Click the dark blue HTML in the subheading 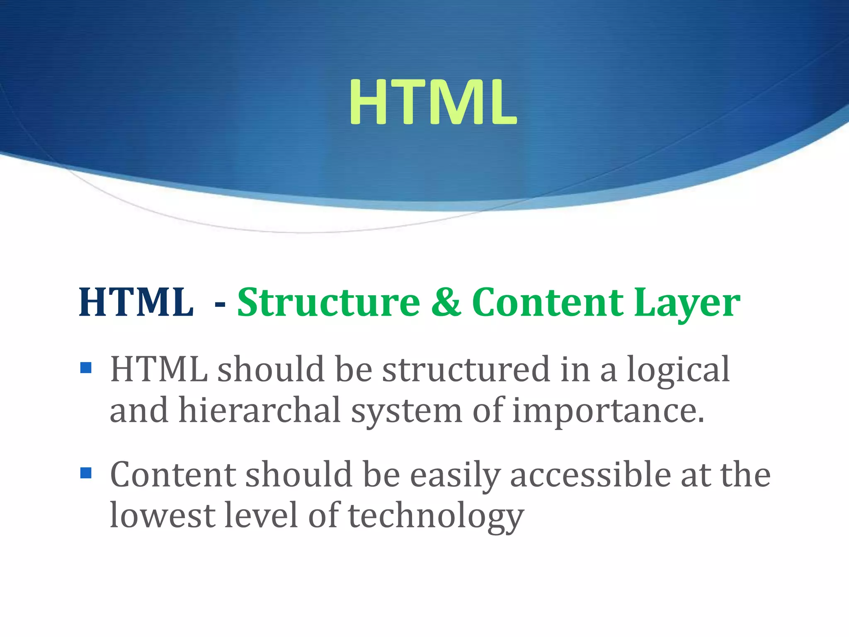click(136, 303)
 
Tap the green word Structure click(328, 303)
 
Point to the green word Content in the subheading click(547, 303)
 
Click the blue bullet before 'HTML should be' click(86, 367)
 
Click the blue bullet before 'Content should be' click(86, 473)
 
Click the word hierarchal click(260, 410)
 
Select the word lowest click(163, 515)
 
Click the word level click(261, 515)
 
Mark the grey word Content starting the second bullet click(173, 474)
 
